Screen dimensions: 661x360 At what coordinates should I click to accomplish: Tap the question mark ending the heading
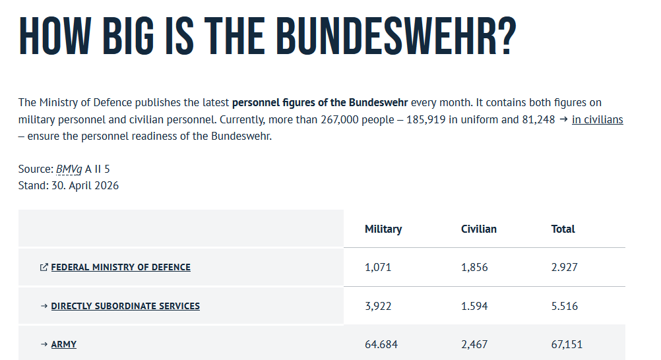click(506, 36)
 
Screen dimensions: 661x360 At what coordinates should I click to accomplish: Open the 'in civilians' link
click(598, 120)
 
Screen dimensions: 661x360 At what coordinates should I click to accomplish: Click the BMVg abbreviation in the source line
click(69, 169)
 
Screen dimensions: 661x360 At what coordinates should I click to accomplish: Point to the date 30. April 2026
click(85, 186)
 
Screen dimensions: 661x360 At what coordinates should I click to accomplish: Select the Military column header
click(383, 229)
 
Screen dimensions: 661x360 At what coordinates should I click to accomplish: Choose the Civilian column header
click(479, 229)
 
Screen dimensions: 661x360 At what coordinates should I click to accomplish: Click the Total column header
click(563, 229)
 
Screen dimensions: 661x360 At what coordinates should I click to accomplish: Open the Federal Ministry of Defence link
click(121, 267)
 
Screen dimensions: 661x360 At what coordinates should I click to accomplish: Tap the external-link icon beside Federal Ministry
click(44, 267)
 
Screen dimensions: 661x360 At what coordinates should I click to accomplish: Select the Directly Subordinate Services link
click(125, 306)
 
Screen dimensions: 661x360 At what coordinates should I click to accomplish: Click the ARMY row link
click(63, 344)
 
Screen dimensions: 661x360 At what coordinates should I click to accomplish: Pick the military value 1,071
click(378, 267)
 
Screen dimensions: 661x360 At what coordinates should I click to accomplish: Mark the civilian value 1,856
click(474, 267)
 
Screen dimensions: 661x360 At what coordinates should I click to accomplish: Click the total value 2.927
click(565, 267)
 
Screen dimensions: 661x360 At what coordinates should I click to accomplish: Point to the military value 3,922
click(378, 306)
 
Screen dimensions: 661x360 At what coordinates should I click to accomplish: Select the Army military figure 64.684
click(381, 344)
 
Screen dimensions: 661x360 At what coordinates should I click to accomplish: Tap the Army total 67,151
click(567, 344)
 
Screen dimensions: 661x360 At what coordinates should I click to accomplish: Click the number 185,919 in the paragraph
click(425, 120)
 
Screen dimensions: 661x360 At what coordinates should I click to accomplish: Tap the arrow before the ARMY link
click(44, 344)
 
